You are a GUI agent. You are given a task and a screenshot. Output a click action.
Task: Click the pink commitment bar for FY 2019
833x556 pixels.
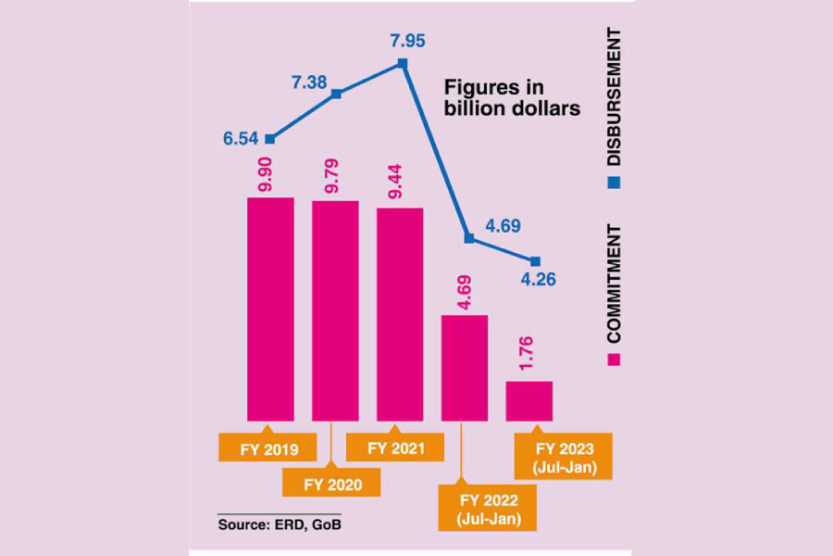point(270,309)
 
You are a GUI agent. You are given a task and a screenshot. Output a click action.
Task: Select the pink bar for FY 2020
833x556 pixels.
point(335,310)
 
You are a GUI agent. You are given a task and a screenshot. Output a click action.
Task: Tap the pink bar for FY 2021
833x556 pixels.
point(400,314)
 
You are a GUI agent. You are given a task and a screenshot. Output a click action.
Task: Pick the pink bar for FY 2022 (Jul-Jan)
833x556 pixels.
point(465,368)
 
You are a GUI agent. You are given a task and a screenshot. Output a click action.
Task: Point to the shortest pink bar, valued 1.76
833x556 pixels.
point(529,400)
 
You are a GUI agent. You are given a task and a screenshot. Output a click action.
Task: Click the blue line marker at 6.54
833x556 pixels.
point(270,139)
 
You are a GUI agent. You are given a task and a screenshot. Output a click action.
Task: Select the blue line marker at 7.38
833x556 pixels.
point(337,94)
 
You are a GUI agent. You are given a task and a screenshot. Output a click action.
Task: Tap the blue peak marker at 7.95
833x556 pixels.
point(402,63)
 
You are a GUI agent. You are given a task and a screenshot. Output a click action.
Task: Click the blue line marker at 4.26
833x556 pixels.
point(534,261)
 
